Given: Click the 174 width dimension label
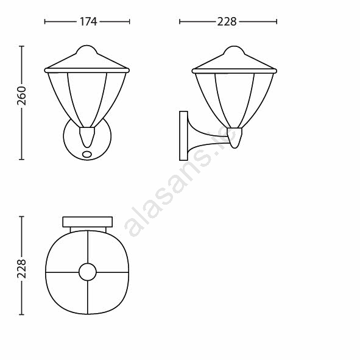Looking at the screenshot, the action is coord(88,21).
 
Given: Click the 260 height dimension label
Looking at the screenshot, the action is coord(21,96).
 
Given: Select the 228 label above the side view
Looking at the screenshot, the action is coord(227,21).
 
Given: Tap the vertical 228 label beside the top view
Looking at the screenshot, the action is coord(21,269).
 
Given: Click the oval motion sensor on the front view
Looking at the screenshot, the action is coord(87,154).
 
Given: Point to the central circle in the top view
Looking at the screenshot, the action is coord(88,272).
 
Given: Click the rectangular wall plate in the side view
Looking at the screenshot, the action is coord(183,136).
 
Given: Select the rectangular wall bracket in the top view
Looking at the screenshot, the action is coord(88,222).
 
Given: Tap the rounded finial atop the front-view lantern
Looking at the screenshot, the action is coord(86,49).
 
